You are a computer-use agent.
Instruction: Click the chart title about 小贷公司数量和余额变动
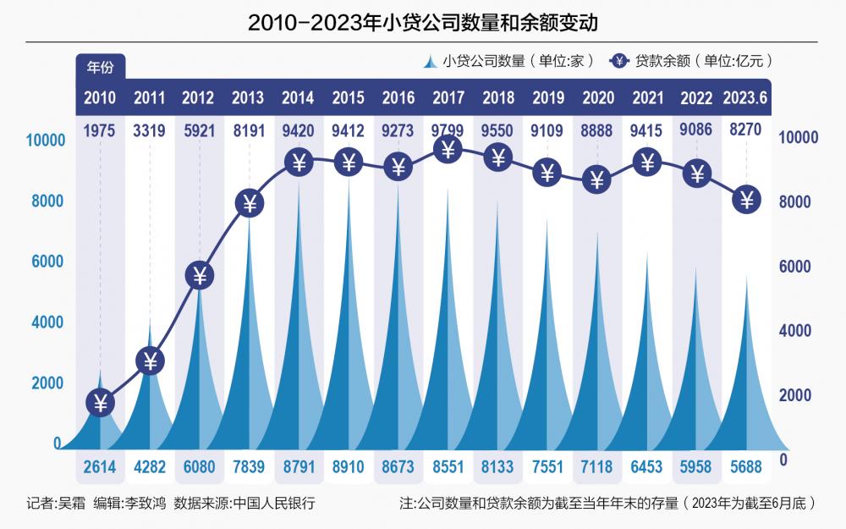click(423, 22)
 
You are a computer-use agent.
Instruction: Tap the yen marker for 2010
click(101, 403)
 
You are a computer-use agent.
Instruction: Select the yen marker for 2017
click(448, 150)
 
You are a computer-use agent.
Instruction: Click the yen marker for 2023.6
click(746, 200)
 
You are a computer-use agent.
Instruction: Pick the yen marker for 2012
click(200, 275)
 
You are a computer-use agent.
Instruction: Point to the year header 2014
click(299, 97)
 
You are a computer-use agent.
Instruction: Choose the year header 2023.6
click(745, 97)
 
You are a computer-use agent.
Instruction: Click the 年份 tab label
click(101, 65)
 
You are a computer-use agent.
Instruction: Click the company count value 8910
click(349, 465)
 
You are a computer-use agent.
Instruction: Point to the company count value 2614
click(100, 465)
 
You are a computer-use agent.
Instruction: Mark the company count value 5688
click(745, 465)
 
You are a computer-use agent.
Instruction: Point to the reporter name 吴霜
click(70, 503)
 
